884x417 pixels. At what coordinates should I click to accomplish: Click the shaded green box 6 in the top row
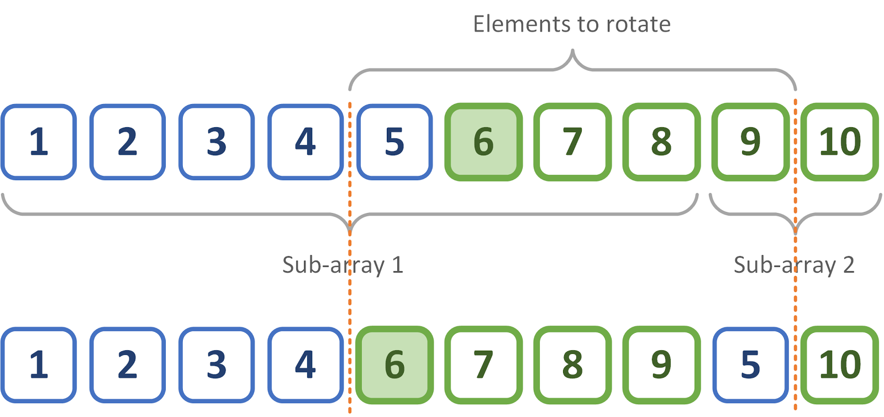(x=483, y=142)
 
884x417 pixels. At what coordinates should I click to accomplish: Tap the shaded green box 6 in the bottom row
(x=394, y=364)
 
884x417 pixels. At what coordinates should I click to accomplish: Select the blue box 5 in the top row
(x=394, y=142)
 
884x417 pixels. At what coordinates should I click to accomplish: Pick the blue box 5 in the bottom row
(x=750, y=364)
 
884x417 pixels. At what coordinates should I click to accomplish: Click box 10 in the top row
(x=839, y=142)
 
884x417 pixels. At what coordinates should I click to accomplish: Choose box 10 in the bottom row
(x=839, y=364)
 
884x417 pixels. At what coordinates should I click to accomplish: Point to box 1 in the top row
(x=39, y=142)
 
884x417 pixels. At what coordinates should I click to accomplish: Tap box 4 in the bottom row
(x=306, y=364)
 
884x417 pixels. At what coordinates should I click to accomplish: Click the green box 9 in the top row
(x=750, y=142)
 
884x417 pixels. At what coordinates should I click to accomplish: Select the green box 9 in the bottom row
(x=661, y=364)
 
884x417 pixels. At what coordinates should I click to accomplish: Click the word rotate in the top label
(x=638, y=24)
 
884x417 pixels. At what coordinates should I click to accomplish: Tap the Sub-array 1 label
(x=343, y=265)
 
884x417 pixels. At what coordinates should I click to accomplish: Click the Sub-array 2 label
(x=793, y=265)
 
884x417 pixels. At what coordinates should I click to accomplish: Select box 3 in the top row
(x=217, y=142)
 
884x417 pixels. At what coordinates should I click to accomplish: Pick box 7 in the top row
(x=572, y=142)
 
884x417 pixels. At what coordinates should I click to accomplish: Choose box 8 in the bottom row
(x=572, y=364)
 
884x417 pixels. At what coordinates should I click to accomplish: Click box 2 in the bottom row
(x=128, y=364)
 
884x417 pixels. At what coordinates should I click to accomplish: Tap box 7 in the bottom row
(x=483, y=364)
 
